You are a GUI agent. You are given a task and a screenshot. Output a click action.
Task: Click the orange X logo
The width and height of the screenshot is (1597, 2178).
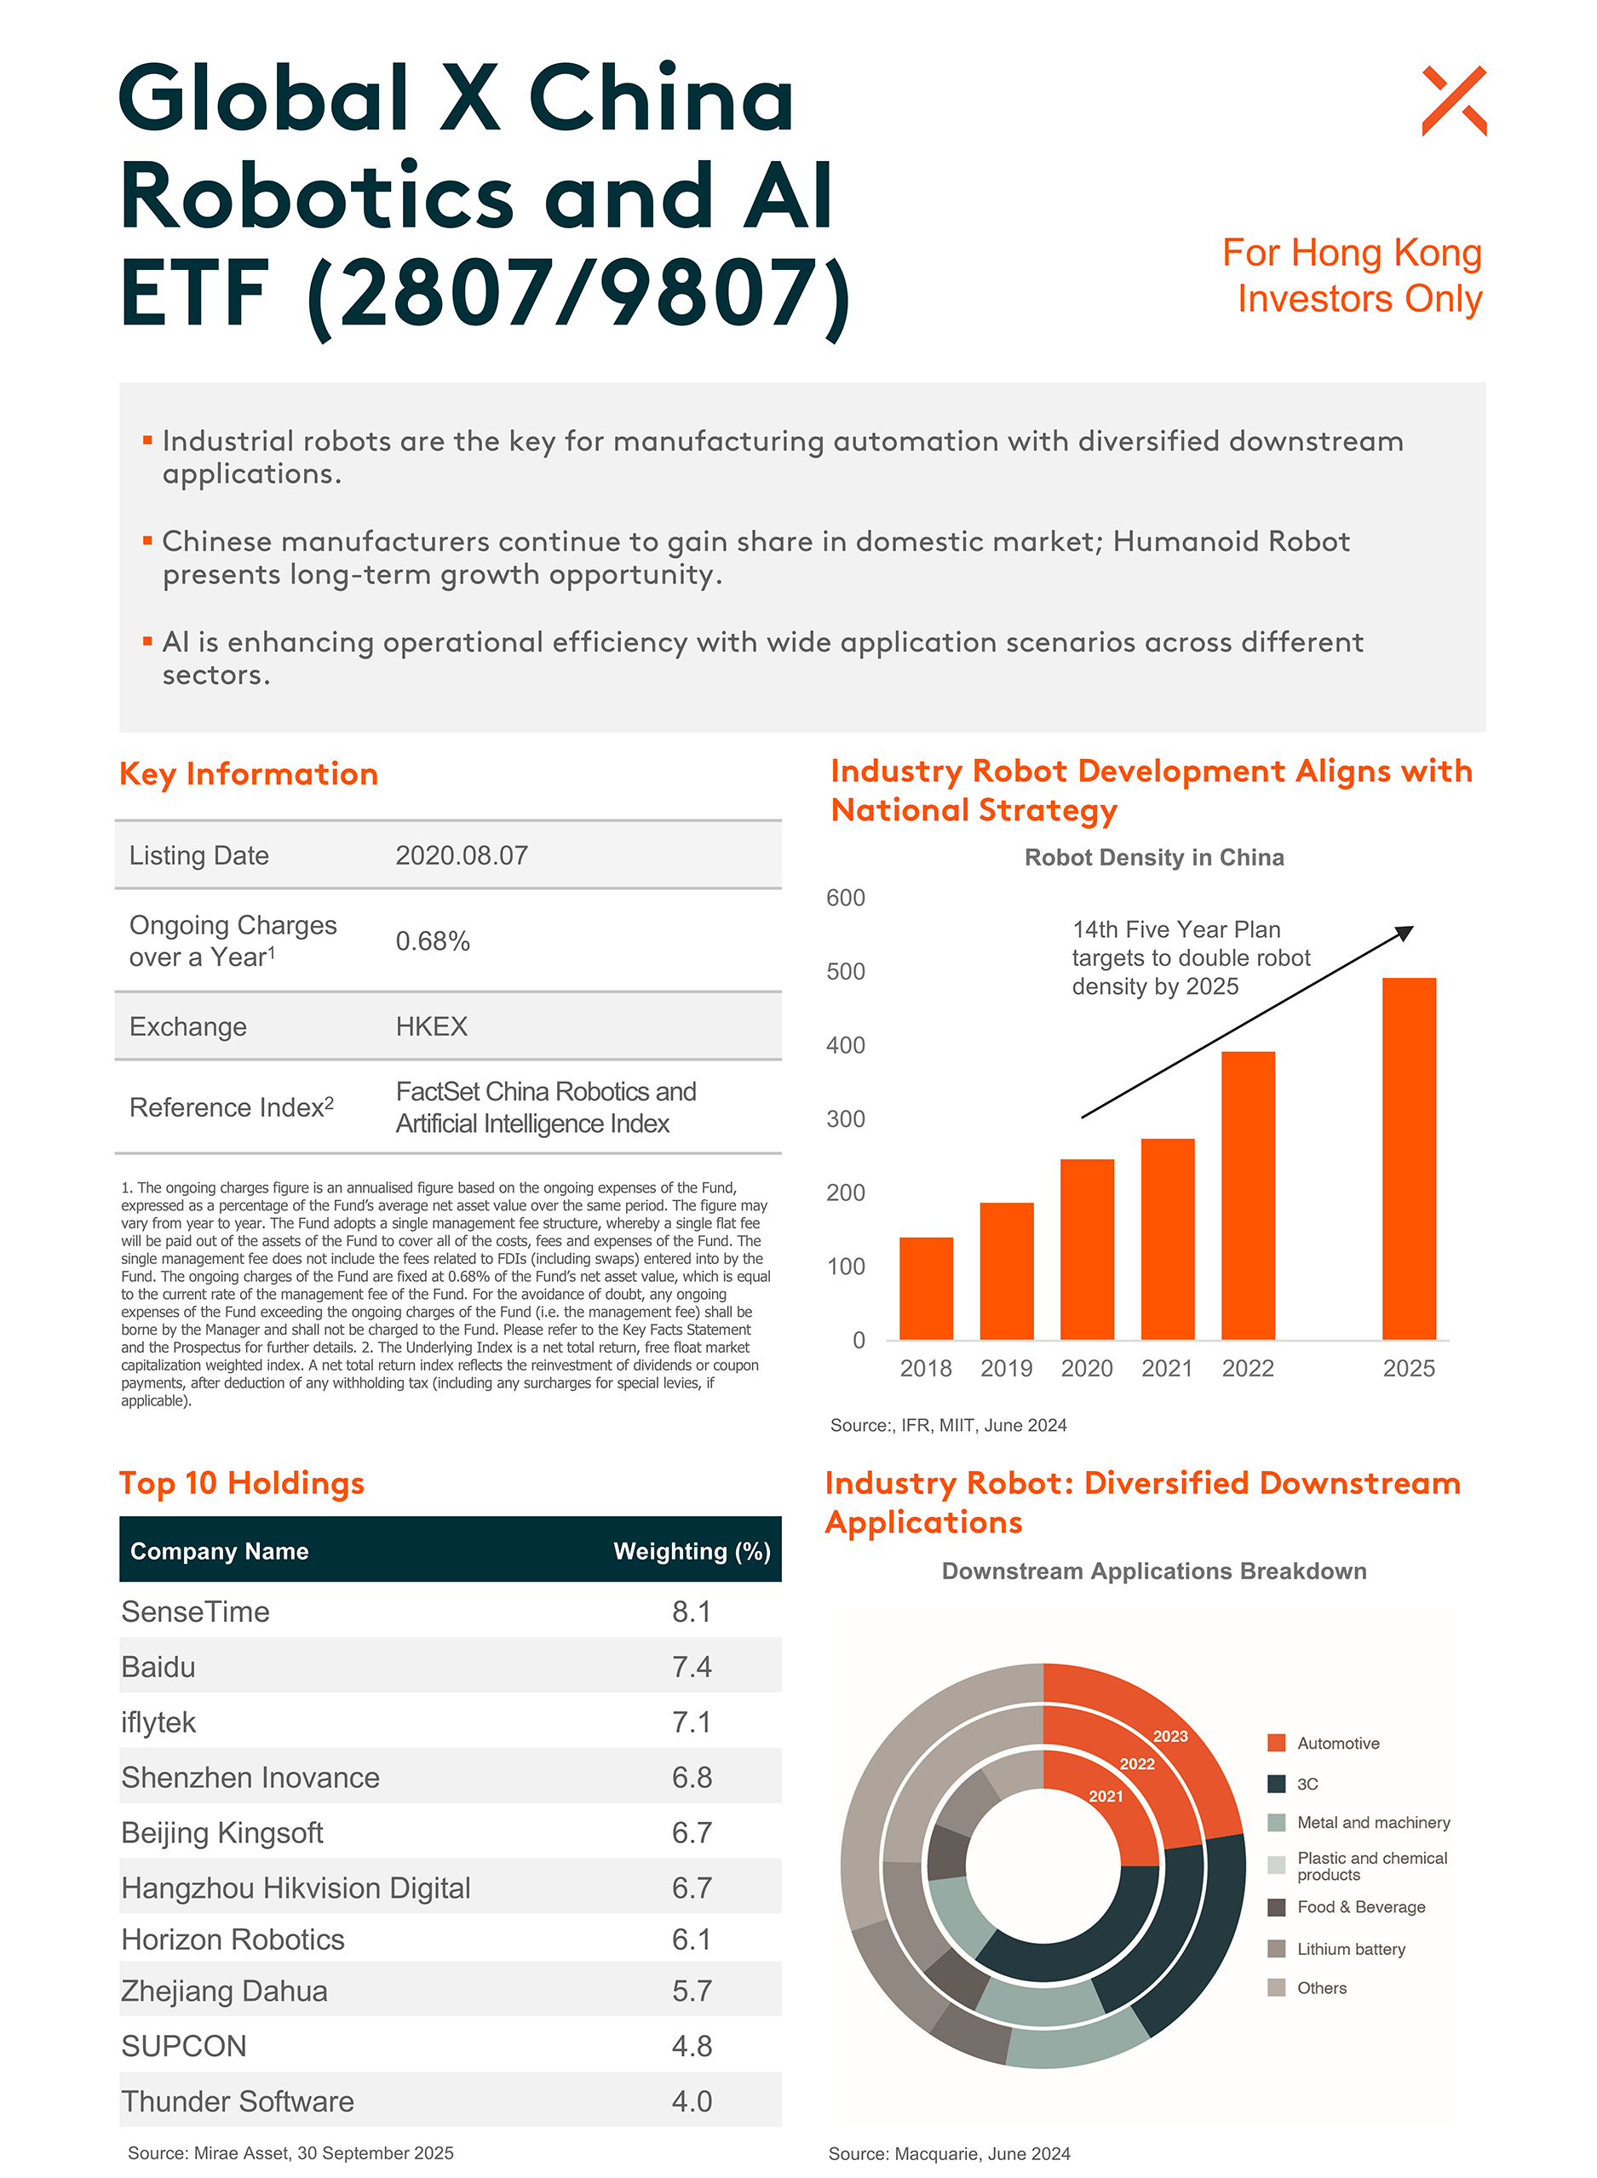point(1453,101)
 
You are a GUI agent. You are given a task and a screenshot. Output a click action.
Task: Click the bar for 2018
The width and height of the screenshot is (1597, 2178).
point(925,1288)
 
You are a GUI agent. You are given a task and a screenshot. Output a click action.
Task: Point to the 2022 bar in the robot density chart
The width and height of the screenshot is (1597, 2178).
point(1247,1195)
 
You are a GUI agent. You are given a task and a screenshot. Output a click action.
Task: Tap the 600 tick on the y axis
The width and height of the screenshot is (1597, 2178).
point(845,898)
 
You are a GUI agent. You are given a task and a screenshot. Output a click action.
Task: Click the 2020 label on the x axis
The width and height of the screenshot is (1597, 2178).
point(1087,1368)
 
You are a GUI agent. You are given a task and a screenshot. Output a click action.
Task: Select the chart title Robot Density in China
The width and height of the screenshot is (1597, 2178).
point(1153,858)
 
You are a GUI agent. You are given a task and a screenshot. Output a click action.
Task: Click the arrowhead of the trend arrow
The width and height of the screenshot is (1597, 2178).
point(1405,933)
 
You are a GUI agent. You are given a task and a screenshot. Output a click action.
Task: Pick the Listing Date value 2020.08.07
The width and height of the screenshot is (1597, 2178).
point(461,855)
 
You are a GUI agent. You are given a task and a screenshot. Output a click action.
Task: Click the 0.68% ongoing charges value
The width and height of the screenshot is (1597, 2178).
point(432,941)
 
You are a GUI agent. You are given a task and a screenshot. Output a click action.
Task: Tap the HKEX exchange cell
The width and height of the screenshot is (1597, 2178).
point(431,1026)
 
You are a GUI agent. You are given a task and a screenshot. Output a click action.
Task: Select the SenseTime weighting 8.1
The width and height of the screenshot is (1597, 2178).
point(692,1612)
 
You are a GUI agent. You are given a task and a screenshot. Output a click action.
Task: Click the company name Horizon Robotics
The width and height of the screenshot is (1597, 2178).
point(233,1940)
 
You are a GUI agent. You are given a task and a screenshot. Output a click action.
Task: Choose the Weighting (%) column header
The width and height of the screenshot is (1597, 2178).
point(692,1552)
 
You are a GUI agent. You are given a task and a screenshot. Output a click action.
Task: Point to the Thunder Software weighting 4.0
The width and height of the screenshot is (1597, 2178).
point(692,2101)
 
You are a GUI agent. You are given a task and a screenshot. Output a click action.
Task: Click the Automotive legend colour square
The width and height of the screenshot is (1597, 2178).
point(1276,1743)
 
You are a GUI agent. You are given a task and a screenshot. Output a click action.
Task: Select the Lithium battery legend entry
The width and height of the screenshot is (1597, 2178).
point(1351,1949)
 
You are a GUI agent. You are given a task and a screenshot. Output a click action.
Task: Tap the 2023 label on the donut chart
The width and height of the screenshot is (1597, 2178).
point(1169,1736)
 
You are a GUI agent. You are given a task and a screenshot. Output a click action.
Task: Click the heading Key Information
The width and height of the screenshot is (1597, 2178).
point(249,774)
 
